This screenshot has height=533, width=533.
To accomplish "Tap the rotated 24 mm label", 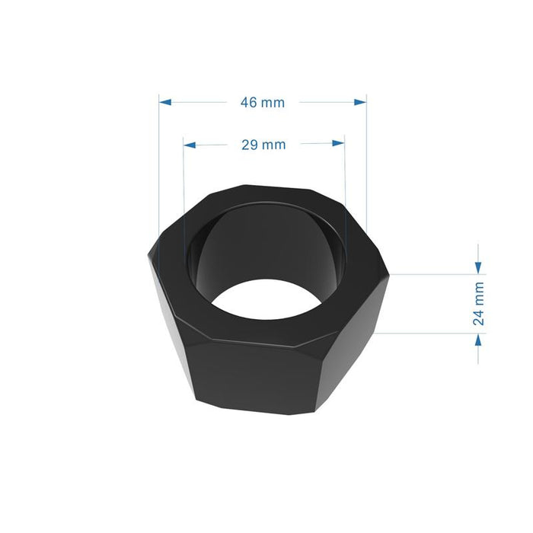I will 478,304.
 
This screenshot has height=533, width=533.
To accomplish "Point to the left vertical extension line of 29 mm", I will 184,175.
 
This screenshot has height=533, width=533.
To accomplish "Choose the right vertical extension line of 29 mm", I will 345,175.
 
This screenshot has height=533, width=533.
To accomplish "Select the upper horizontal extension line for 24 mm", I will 434,273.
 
